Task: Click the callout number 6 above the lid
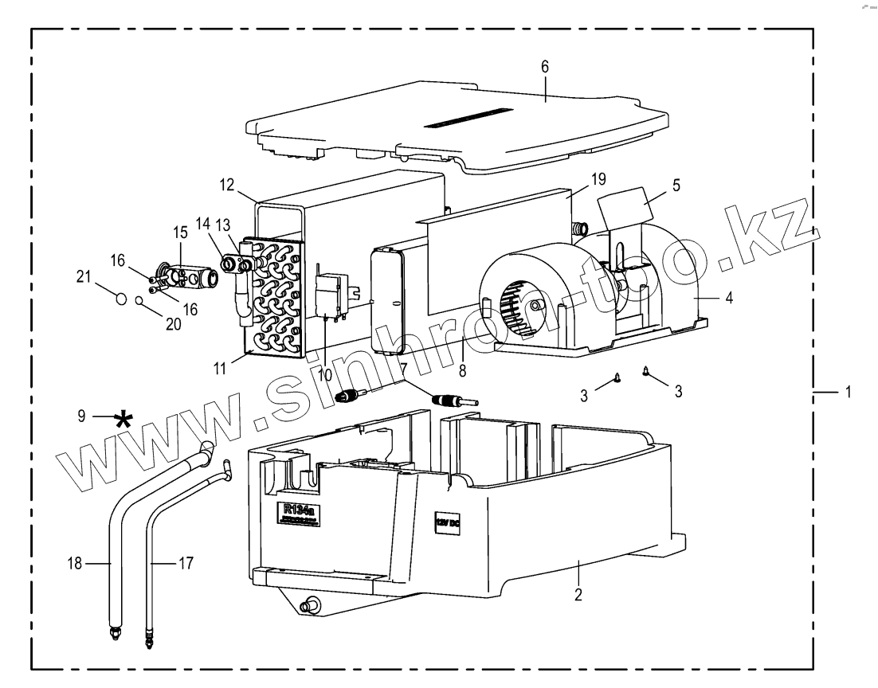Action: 545,67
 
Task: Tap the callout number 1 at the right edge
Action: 848,393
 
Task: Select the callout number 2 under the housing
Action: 579,594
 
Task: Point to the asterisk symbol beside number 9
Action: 123,420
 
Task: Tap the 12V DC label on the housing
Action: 447,525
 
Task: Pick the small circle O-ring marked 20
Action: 139,301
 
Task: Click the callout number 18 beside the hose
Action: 75,564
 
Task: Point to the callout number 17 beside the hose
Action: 186,564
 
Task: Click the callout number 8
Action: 462,369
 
